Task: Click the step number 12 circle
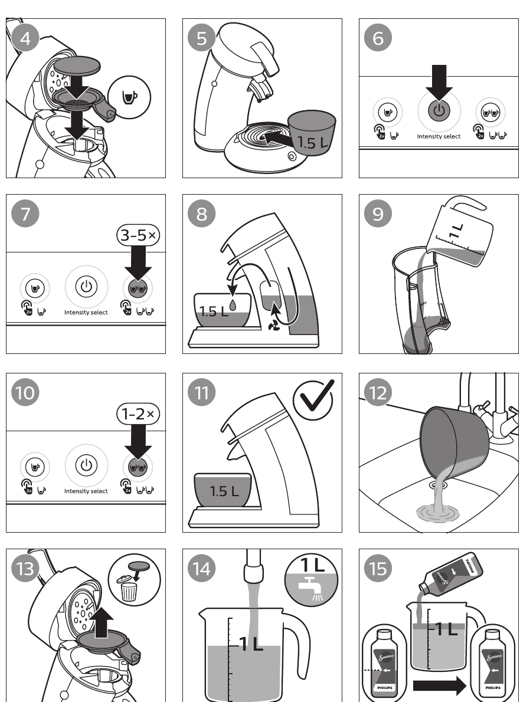378,392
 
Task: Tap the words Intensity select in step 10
86,491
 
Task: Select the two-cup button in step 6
490,111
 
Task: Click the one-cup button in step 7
35,288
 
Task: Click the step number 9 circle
378,214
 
